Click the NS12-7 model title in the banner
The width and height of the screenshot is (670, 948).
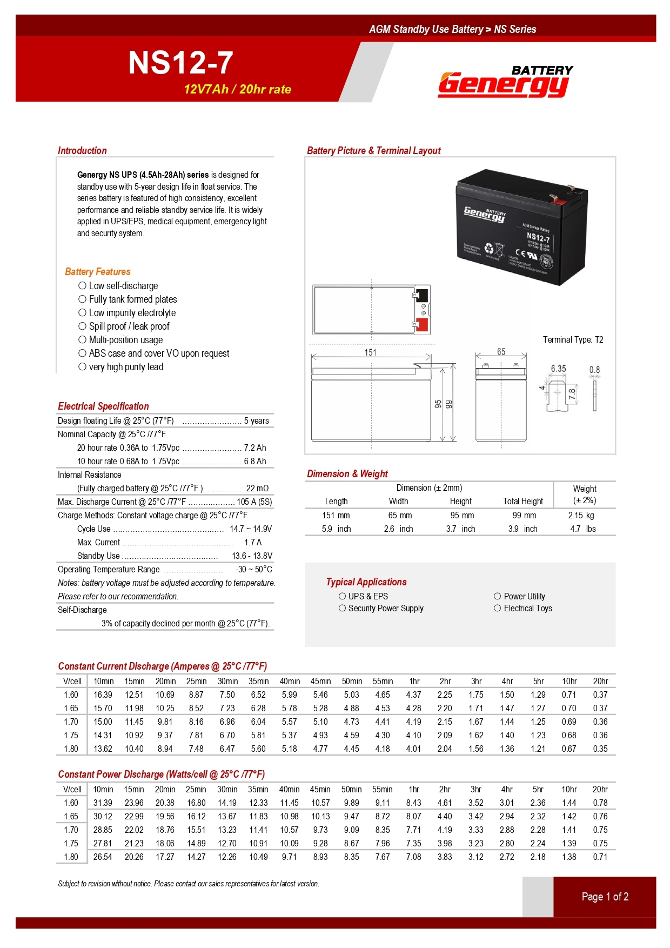(x=180, y=63)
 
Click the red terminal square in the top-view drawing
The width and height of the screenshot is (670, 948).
(x=422, y=325)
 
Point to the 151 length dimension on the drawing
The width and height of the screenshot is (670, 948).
(x=370, y=352)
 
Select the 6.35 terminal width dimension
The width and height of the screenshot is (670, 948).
(x=558, y=369)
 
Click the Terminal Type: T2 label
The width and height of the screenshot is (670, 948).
(x=573, y=339)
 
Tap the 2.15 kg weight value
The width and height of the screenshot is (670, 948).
(x=581, y=515)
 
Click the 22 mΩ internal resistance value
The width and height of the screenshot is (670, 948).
(x=257, y=488)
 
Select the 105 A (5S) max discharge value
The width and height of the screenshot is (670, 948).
(x=254, y=502)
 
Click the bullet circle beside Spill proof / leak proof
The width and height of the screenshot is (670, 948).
(x=82, y=326)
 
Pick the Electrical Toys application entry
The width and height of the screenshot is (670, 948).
(x=527, y=608)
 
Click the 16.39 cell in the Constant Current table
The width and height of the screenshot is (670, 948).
(x=103, y=695)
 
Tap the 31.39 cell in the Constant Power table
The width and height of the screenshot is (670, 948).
(x=103, y=803)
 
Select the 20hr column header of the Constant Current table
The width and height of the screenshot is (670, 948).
(x=600, y=681)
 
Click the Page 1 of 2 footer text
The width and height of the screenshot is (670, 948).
(x=605, y=897)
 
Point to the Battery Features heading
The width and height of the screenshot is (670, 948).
(x=98, y=271)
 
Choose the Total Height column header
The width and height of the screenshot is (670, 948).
(x=523, y=501)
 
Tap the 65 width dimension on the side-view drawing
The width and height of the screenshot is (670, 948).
(x=501, y=352)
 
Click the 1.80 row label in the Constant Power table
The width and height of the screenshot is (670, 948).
(x=71, y=857)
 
